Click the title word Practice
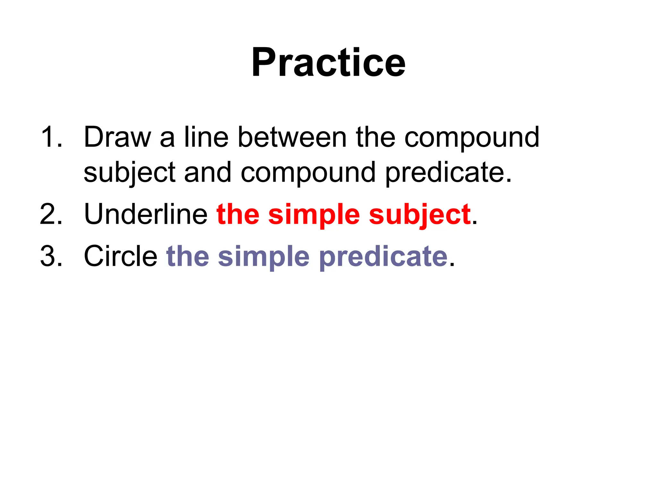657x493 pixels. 328,62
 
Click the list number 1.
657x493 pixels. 51,137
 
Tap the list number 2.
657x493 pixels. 51,214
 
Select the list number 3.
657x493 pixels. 51,256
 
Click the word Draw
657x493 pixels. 117,137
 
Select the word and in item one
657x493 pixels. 208,173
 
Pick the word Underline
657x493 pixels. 146,214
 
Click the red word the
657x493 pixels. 238,214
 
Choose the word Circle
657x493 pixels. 120,256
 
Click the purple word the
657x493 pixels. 188,256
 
